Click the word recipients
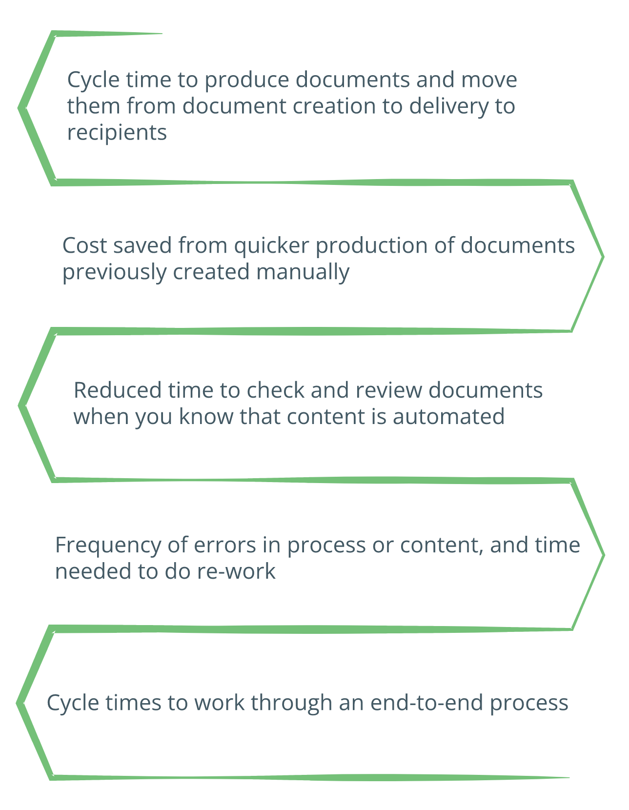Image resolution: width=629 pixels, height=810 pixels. click(x=117, y=133)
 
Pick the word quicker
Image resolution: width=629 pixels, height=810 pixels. click(x=272, y=246)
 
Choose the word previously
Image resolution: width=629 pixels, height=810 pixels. click(x=114, y=272)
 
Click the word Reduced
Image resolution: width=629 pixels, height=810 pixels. click(x=118, y=390)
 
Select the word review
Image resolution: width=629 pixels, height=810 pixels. click(x=388, y=390)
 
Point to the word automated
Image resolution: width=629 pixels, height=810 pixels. click(x=448, y=416)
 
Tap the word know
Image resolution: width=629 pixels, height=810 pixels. click(x=206, y=416)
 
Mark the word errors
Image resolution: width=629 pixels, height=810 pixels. click(x=224, y=546)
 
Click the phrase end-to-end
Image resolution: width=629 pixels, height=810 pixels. click(x=426, y=703)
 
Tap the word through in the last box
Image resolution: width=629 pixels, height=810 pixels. click(x=291, y=704)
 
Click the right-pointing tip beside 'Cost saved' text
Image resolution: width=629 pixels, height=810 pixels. click(x=603, y=257)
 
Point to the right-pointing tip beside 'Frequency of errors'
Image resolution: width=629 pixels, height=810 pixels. click(x=604, y=555)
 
